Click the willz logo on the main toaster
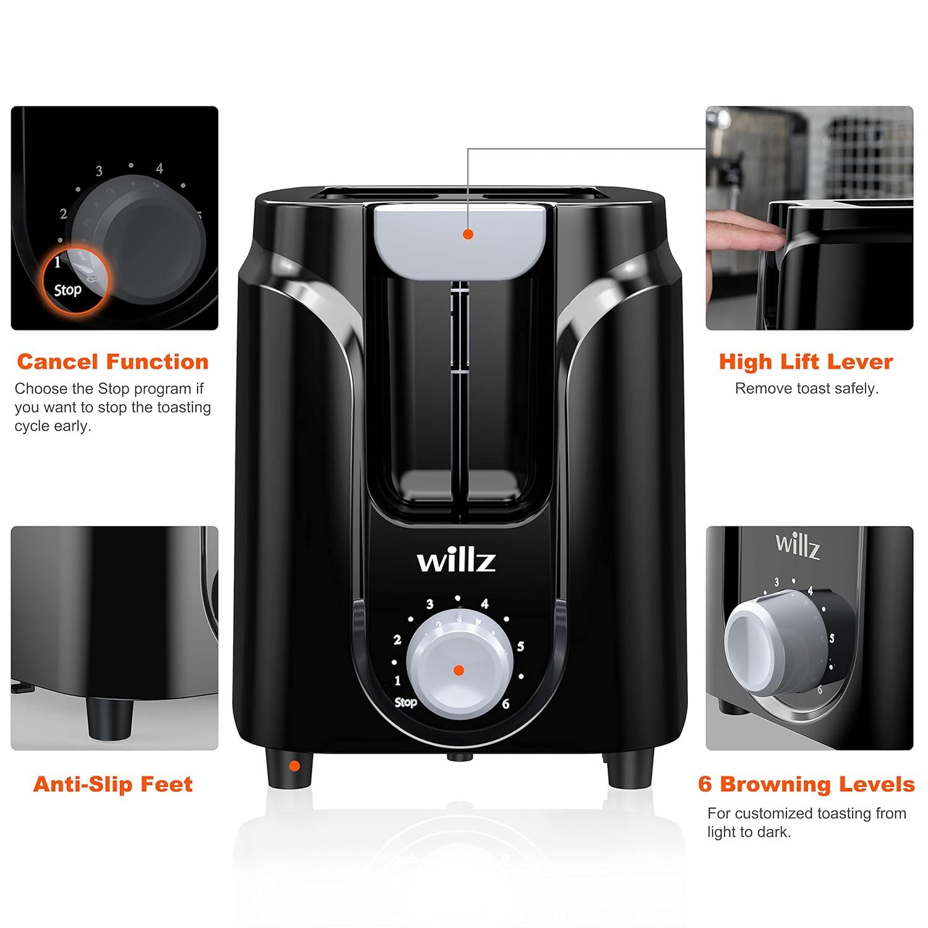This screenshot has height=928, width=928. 456,561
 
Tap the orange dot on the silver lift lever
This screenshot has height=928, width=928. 468,234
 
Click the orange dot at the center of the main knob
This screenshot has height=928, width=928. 458,670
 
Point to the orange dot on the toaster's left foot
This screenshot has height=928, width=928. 294,766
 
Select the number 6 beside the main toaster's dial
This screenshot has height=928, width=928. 505,704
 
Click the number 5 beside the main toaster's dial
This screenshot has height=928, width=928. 520,647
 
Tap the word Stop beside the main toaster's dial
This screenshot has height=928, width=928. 406,702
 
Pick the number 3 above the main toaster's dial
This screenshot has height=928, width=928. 429,604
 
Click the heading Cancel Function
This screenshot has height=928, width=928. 113,362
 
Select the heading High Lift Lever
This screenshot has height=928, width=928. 806,362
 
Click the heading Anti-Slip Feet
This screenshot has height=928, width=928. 113,784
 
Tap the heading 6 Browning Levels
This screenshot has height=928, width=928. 806,784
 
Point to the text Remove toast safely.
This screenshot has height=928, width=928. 807,389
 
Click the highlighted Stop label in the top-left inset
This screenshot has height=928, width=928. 67,290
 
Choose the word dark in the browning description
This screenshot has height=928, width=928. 775,832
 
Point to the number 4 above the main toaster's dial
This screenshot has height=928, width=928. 484,604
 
